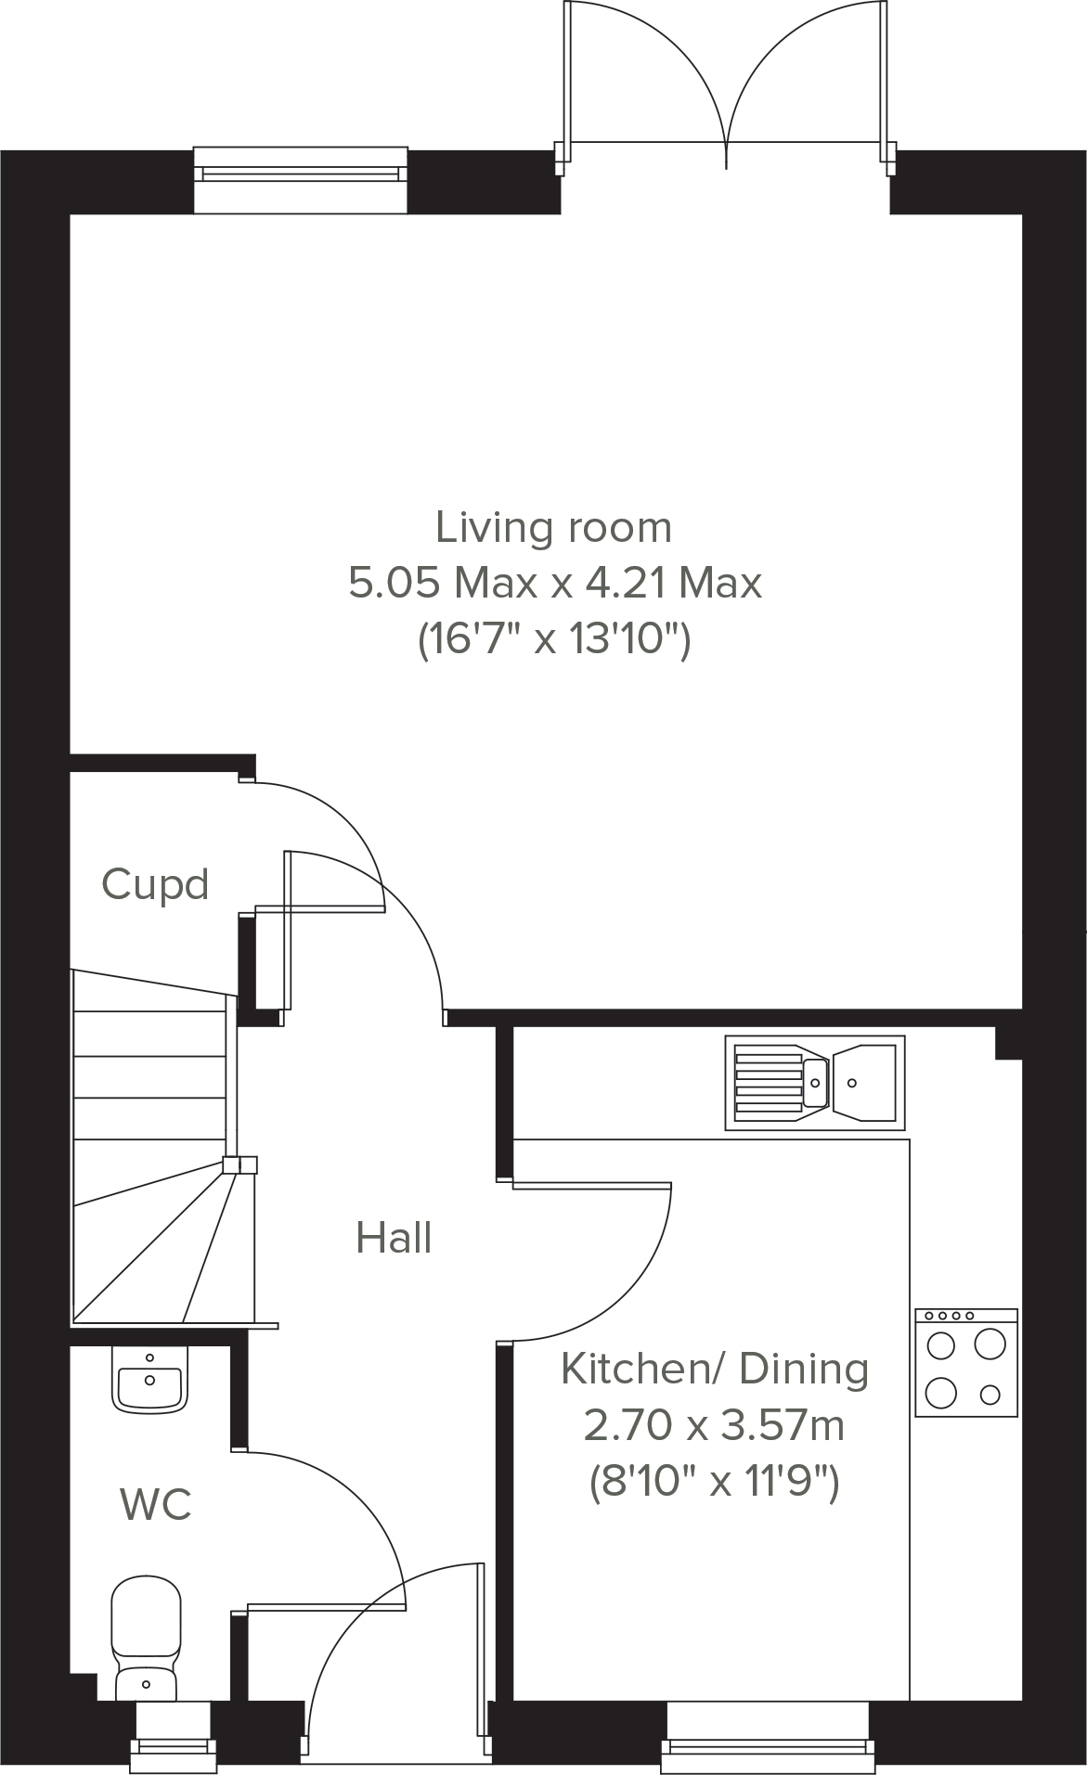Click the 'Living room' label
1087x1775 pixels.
pyautogui.click(x=553, y=528)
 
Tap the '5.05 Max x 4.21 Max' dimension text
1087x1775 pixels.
pyautogui.click(x=554, y=584)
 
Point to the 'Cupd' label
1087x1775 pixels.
pyautogui.click(x=155, y=884)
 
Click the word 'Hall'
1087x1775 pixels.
pyautogui.click(x=394, y=1238)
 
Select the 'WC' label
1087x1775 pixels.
pyautogui.click(x=156, y=1504)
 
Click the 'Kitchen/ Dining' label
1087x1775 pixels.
pyautogui.click(x=715, y=1369)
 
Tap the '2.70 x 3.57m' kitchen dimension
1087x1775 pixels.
pyautogui.click(x=714, y=1425)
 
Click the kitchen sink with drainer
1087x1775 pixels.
pyautogui.click(x=814, y=1082)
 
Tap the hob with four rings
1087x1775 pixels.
pyautogui.click(x=966, y=1362)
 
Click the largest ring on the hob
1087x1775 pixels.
pyautogui.click(x=990, y=1344)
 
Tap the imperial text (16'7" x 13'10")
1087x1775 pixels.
pyautogui.click(x=554, y=639)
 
